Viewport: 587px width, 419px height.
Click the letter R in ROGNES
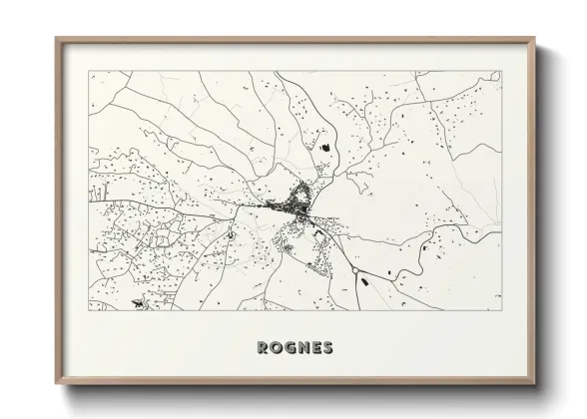click(262, 348)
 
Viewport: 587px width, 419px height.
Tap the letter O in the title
click(276, 348)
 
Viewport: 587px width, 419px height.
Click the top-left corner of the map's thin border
click(89, 71)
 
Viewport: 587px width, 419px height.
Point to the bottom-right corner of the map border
click(501, 311)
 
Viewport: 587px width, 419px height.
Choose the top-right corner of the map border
click(501, 71)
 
